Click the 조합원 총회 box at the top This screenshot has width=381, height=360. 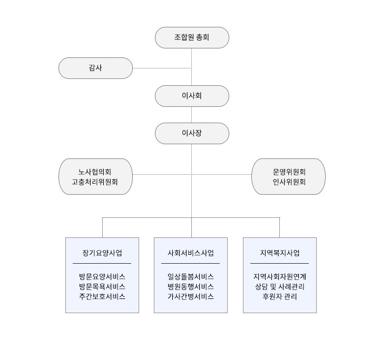[x=192, y=37]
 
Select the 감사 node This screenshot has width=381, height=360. [x=95, y=68]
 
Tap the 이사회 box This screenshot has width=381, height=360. [x=192, y=96]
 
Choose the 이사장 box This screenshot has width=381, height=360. [x=192, y=133]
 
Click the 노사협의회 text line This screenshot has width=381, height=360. [x=95, y=172]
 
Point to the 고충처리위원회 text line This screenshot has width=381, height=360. [x=95, y=182]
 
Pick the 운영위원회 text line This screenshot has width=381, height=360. [x=289, y=172]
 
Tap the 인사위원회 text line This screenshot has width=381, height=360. [x=289, y=182]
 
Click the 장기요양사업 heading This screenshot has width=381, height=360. [x=102, y=253]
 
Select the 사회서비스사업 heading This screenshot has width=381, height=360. [x=191, y=253]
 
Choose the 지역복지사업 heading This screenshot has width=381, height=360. [x=280, y=253]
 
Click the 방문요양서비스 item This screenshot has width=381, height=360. [x=102, y=276]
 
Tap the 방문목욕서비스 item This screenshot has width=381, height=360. [x=102, y=286]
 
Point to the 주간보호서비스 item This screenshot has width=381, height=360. [x=102, y=296]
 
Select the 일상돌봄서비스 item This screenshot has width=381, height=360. [x=191, y=276]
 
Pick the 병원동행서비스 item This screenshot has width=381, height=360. [x=191, y=286]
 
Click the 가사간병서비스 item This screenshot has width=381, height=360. [x=191, y=296]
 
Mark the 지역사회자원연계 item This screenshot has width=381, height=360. [x=280, y=276]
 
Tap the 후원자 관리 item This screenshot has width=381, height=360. [x=280, y=296]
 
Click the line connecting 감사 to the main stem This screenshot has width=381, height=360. [x=162, y=68]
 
